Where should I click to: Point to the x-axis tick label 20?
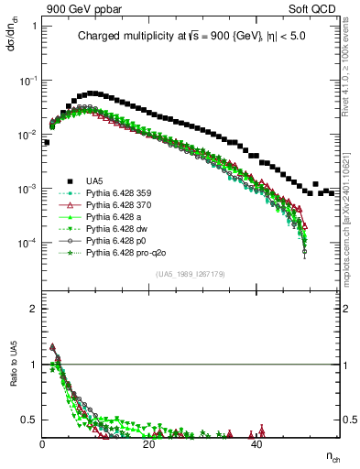(x=149, y=443)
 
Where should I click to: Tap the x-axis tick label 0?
(x=43, y=443)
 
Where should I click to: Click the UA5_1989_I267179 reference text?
(x=190, y=273)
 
